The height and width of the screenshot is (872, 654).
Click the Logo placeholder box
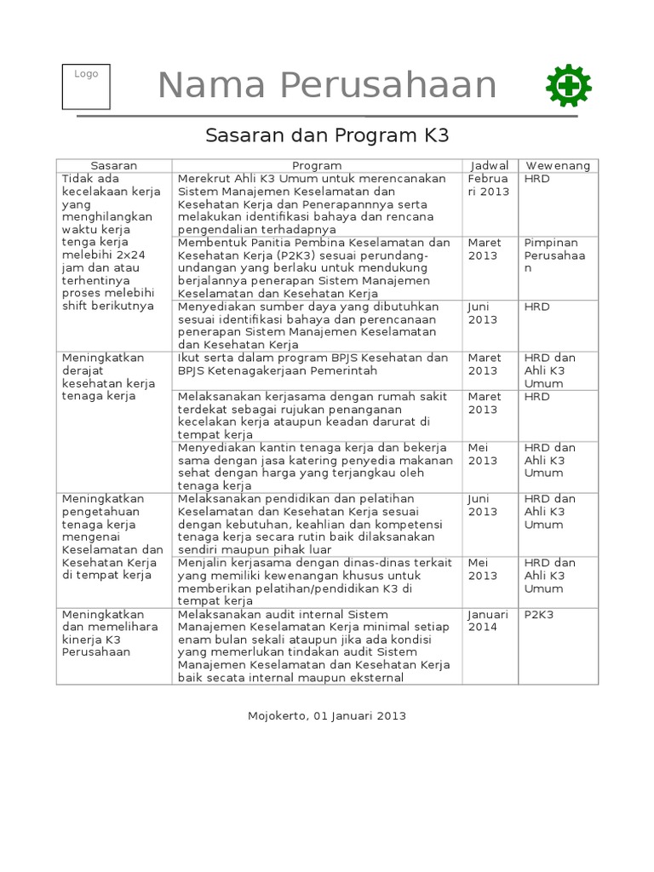click(x=86, y=87)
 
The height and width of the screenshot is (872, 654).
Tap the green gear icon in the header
click(x=569, y=86)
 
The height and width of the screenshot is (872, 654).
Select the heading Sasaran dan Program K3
click(x=327, y=135)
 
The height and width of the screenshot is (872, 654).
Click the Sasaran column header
click(x=114, y=165)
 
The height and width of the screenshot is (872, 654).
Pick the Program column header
click(x=317, y=165)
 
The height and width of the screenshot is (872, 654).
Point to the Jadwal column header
click(x=490, y=165)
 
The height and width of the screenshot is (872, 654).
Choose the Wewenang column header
click(x=558, y=165)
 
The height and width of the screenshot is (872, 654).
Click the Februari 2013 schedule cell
click(x=489, y=186)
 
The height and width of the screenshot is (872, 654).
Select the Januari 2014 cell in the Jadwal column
click(x=489, y=621)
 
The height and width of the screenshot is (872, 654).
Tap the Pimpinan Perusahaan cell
click(x=554, y=255)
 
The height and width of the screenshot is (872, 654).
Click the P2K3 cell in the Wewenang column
click(x=538, y=615)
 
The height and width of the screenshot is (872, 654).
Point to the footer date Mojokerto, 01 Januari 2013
click(x=327, y=715)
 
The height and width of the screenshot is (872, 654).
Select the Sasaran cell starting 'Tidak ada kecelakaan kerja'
click(x=108, y=243)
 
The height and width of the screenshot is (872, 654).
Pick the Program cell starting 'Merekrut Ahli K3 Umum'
click(x=313, y=204)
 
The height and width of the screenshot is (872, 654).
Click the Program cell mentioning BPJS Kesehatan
click(x=313, y=364)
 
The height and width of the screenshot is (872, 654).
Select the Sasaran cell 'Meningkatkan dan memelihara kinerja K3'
click(x=102, y=633)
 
